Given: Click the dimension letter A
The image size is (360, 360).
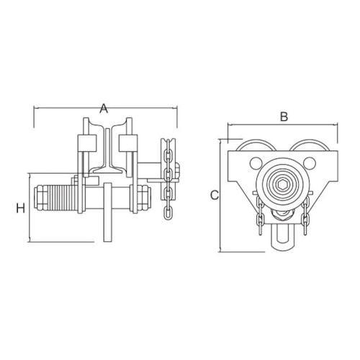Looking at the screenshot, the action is (104, 109).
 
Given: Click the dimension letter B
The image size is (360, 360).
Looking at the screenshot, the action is (284, 117).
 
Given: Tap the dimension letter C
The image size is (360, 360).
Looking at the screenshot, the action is (215, 195).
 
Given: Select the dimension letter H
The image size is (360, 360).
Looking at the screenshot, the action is (21, 208).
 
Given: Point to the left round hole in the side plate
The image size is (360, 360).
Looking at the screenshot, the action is (256, 163).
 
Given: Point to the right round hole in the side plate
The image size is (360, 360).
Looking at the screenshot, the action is (310, 163).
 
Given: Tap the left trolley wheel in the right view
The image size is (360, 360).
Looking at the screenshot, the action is (255, 145).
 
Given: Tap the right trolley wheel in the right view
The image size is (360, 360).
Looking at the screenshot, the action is (308, 145).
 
